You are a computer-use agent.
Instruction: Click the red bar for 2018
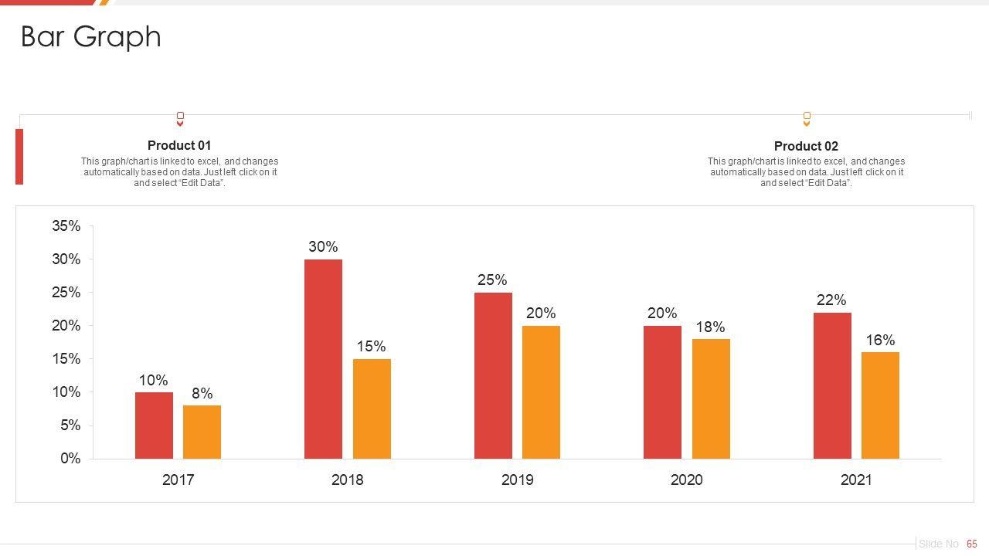pos(323,359)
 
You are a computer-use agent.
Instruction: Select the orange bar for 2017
pos(202,432)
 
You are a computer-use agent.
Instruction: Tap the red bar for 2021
pos(832,385)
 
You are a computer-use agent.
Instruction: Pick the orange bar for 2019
pos(541,392)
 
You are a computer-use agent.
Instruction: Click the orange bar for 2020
pos(711,398)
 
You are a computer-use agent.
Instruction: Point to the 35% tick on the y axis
pos(66,226)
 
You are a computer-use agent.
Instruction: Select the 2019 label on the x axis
pos(517,480)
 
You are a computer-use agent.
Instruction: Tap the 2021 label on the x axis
pos(856,480)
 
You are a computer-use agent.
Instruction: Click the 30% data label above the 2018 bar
pos(323,247)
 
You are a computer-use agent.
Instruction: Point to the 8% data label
pos(202,394)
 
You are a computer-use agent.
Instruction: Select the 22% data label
pos(831,300)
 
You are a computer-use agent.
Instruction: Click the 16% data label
pos(880,341)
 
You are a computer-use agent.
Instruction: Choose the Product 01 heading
pos(179,145)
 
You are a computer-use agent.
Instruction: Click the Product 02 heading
pos(806,146)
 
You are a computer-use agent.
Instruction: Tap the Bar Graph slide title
pos(91,37)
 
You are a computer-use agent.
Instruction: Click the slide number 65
pos(972,544)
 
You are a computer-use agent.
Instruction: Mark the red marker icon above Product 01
pos(180,119)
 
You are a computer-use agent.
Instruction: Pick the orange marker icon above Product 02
pos(807,119)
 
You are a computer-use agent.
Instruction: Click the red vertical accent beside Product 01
pos(19,157)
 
